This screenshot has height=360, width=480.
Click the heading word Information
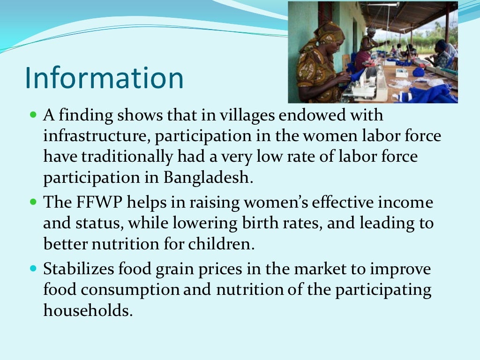[104, 78]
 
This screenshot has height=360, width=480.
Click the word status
[100, 223]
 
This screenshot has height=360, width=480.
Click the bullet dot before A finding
[33, 114]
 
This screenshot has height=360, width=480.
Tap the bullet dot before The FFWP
[33, 202]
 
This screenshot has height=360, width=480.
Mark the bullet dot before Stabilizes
[33, 269]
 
